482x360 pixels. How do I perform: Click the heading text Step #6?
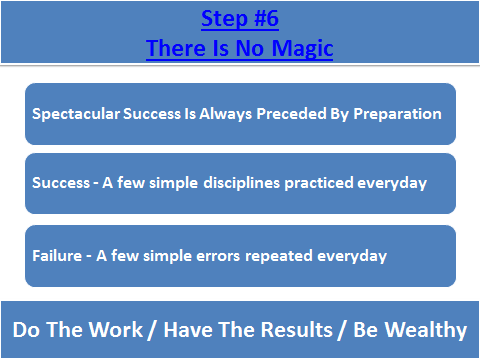click(x=240, y=19)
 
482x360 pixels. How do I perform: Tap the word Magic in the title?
click(x=306, y=47)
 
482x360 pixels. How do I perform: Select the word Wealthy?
click(x=424, y=329)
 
